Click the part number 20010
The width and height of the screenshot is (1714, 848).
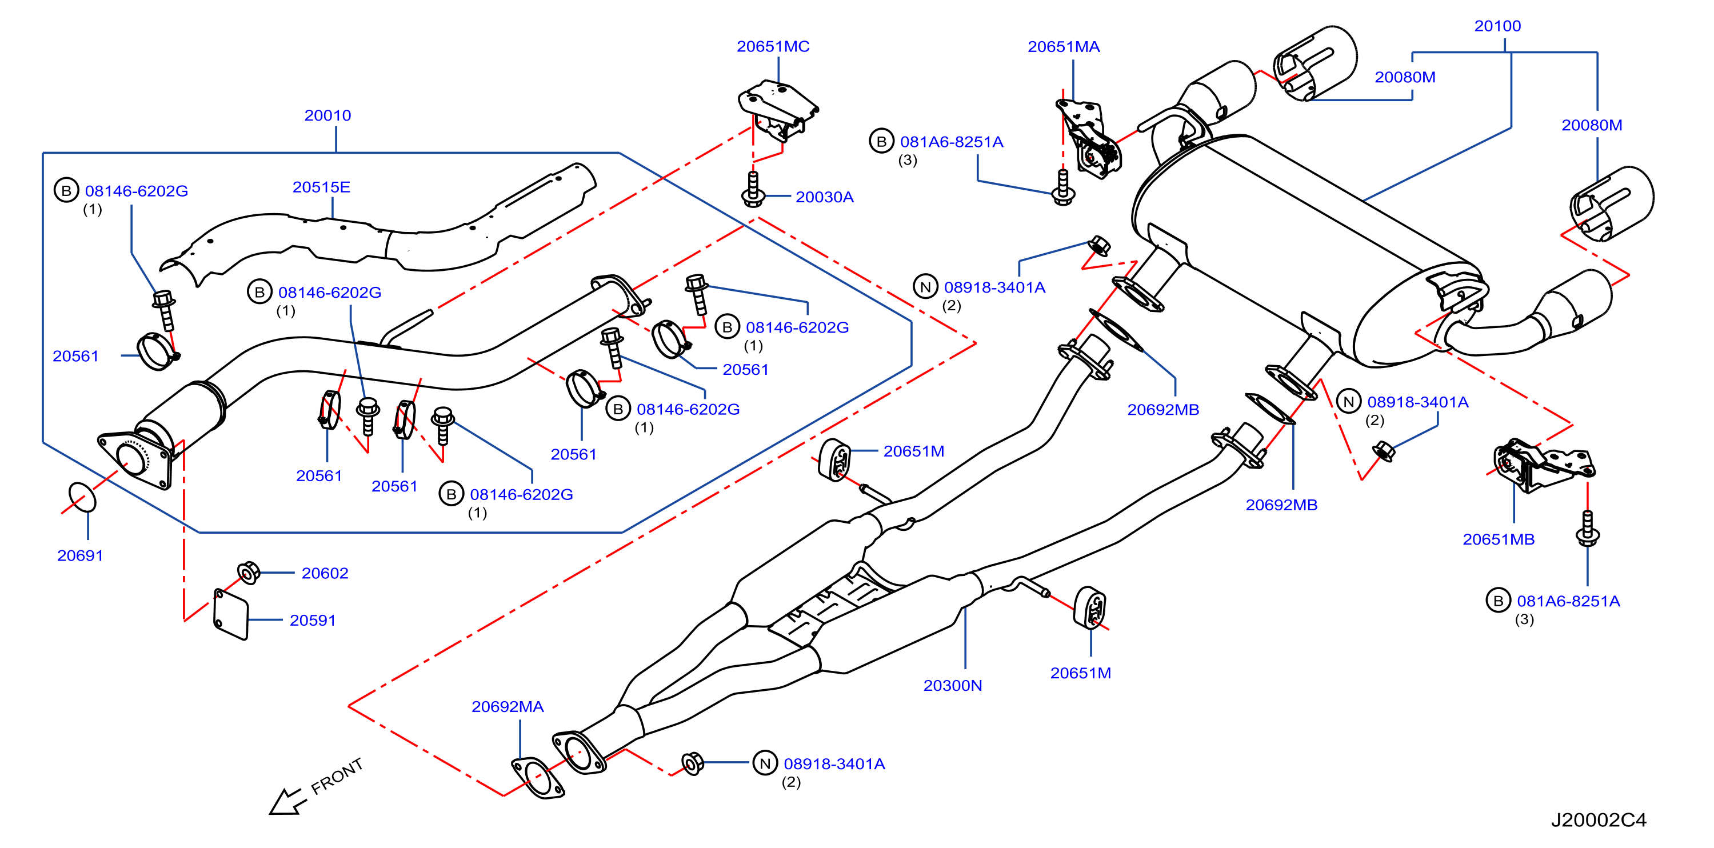point(327,116)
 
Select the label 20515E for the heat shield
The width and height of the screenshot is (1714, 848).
point(321,187)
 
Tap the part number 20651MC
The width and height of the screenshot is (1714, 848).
point(773,46)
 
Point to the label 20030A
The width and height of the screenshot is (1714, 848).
point(824,197)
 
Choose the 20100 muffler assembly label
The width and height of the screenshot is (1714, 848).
point(1498,26)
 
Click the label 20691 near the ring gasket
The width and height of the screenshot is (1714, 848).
point(81,555)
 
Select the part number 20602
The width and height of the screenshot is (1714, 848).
point(325,573)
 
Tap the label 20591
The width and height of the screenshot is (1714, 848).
point(313,620)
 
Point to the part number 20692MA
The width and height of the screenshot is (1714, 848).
point(508,706)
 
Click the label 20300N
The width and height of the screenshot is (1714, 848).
point(953,685)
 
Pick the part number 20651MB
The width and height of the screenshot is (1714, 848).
point(1499,539)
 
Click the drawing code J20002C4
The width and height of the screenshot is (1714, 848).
point(1599,820)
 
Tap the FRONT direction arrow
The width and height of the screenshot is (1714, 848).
point(287,802)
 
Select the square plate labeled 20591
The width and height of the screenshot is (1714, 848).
point(231,614)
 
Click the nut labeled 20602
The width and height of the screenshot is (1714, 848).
point(249,573)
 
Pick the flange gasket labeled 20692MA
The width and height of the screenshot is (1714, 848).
point(538,778)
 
